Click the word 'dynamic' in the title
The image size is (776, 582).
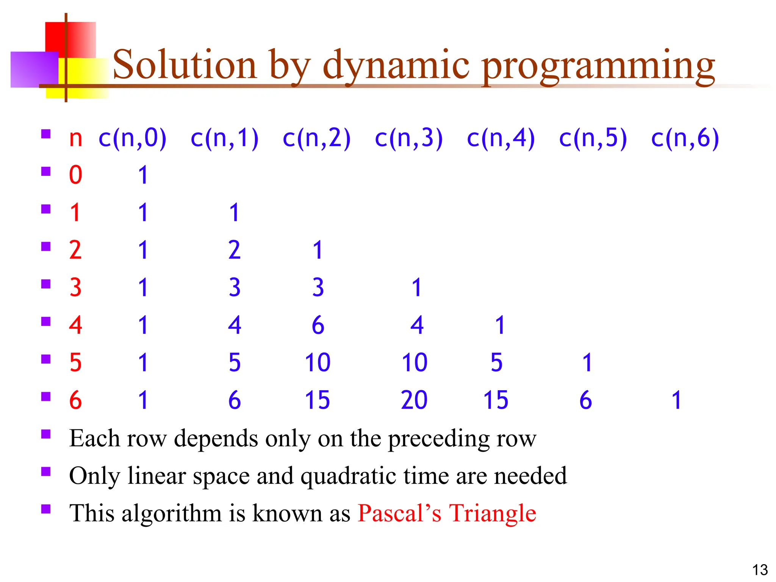(396, 65)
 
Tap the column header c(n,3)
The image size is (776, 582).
(408, 138)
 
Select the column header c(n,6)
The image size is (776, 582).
(685, 138)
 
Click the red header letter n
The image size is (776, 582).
(75, 139)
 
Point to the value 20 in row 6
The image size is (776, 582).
(414, 400)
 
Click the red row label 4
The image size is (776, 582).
(75, 325)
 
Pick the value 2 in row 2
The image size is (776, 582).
(235, 250)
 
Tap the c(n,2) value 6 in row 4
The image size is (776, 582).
(318, 325)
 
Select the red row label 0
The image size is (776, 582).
(75, 175)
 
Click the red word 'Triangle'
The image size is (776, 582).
(493, 513)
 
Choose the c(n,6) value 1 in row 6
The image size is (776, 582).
(677, 400)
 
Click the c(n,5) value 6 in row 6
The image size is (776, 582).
(585, 400)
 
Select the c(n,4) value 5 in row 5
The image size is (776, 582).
(496, 363)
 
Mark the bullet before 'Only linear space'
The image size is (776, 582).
(46, 471)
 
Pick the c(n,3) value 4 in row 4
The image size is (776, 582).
(417, 325)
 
